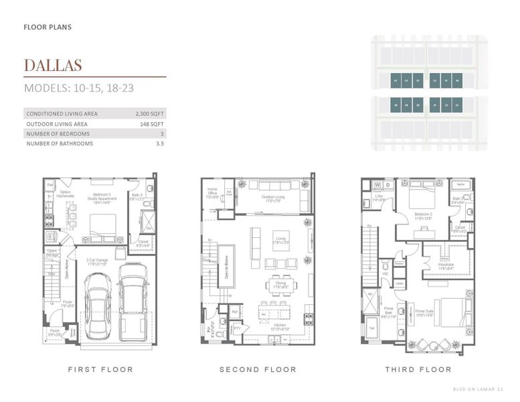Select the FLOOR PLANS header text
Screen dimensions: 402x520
(x=48, y=27)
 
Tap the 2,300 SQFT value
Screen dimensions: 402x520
(x=150, y=114)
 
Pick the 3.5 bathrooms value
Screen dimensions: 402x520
(x=159, y=143)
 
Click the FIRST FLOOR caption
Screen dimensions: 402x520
(x=100, y=369)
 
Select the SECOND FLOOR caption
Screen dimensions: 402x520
(x=258, y=369)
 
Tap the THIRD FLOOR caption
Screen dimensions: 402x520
(x=418, y=369)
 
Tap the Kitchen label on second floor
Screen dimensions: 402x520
(x=280, y=326)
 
